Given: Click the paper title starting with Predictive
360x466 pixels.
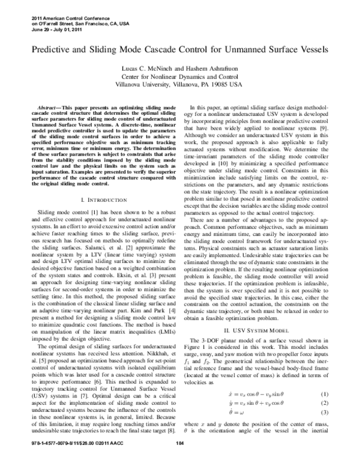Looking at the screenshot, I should click(x=180, y=46).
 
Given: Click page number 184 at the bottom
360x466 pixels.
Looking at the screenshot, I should click(x=179, y=461).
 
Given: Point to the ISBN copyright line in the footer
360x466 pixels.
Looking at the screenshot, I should click(x=66, y=461).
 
